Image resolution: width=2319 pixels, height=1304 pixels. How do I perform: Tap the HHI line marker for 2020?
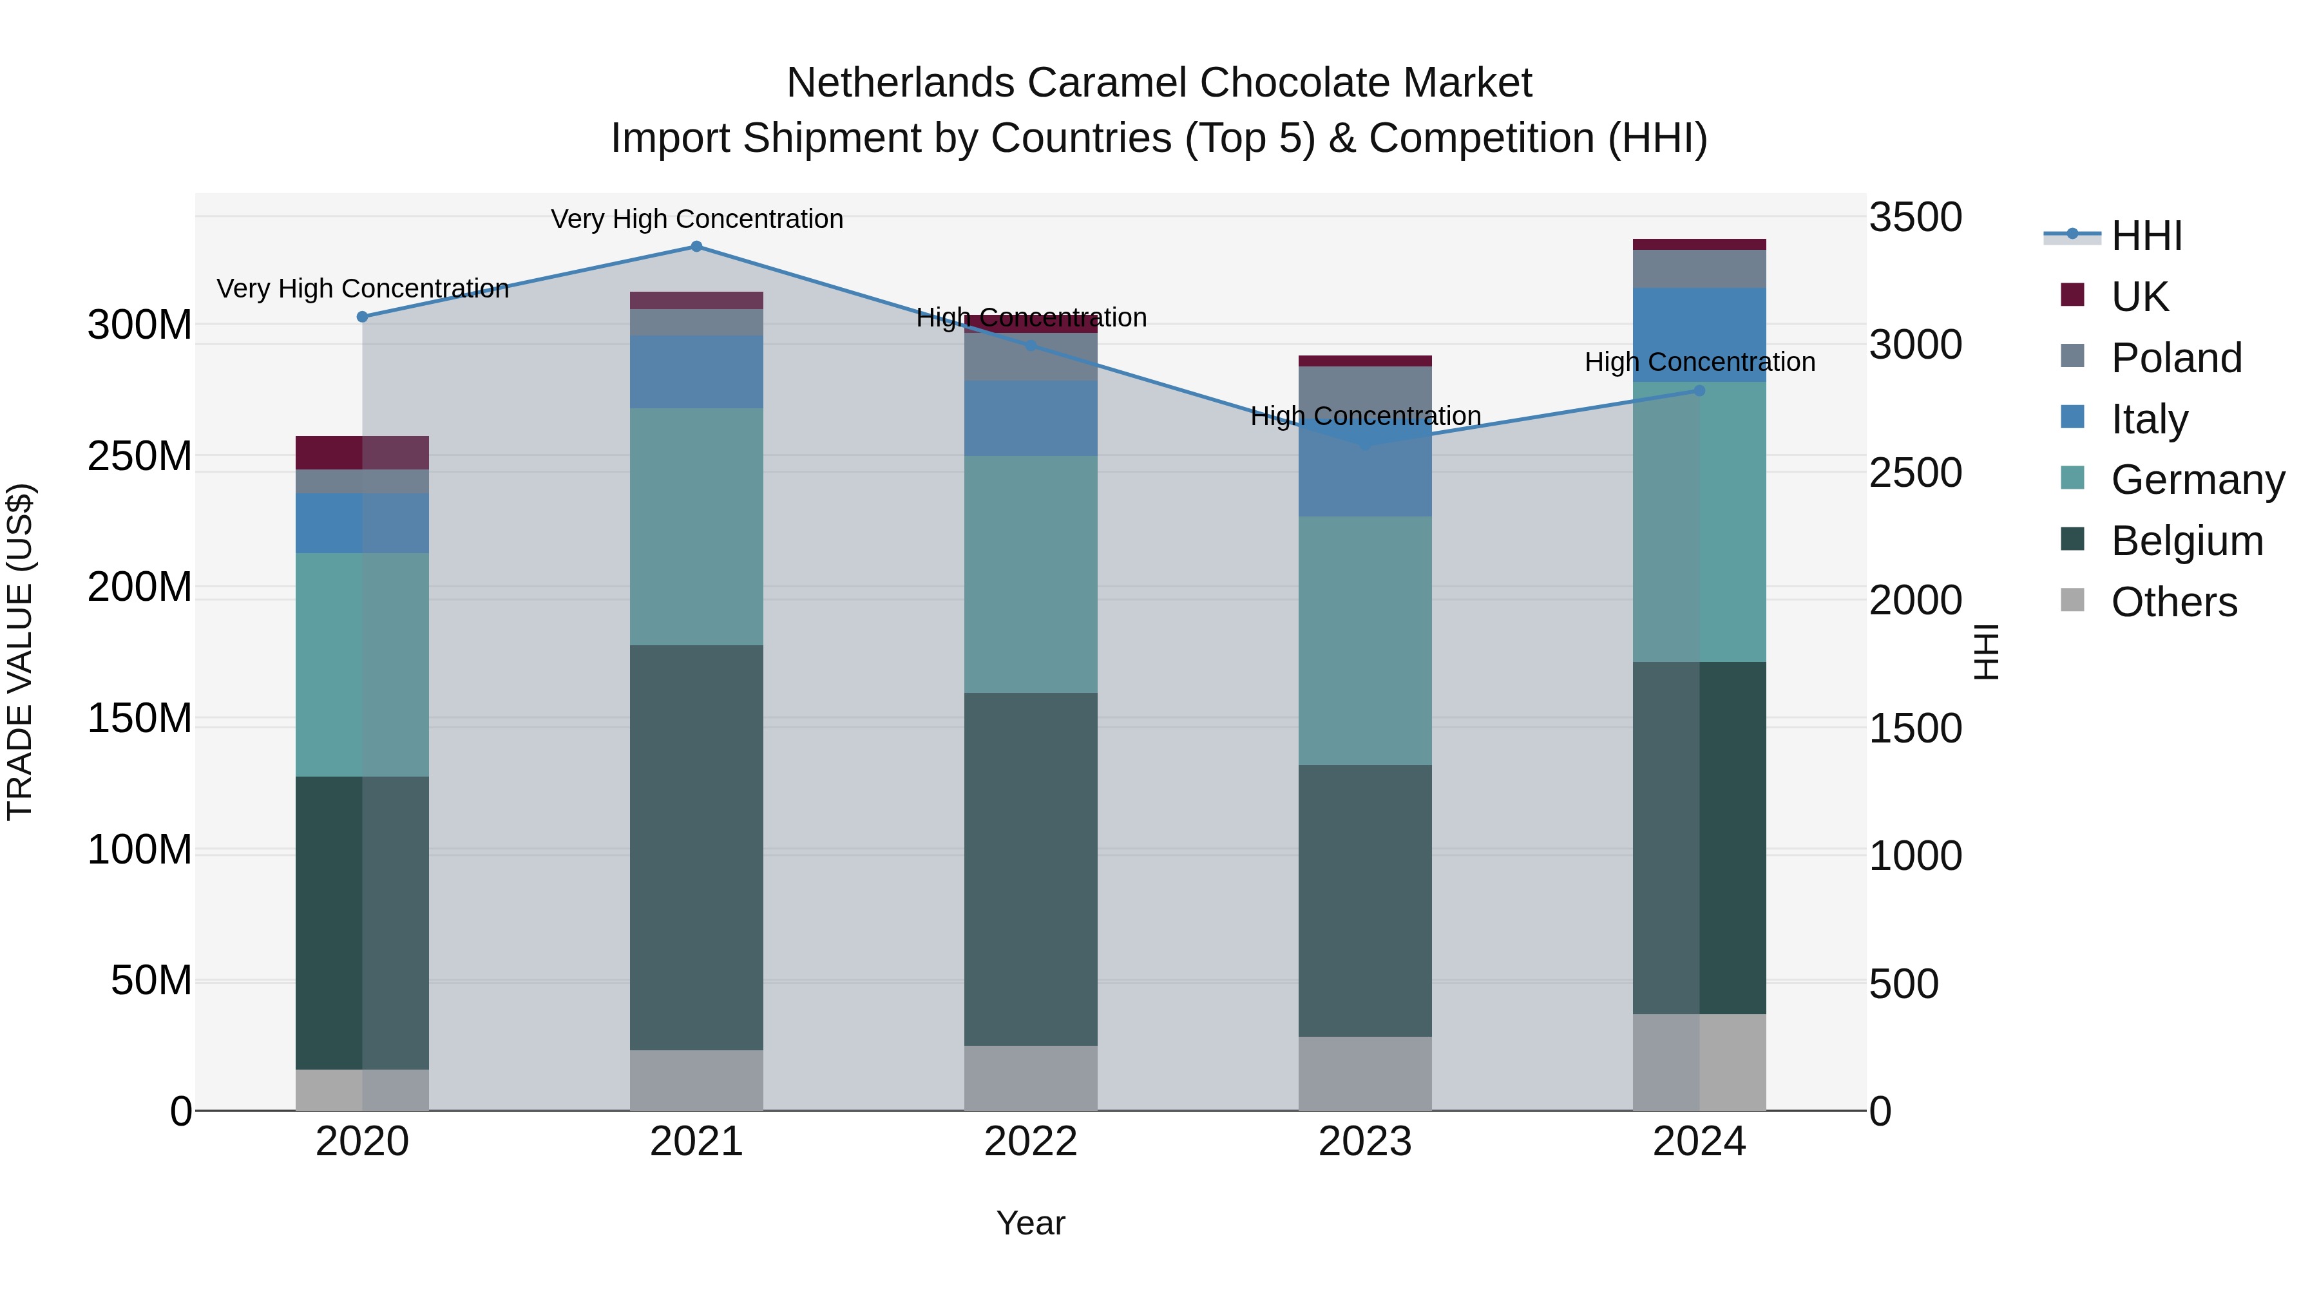click(x=362, y=317)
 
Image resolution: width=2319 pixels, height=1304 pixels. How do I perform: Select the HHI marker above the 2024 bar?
click(x=1700, y=391)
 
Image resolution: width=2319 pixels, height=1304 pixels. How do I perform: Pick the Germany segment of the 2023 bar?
click(x=1365, y=640)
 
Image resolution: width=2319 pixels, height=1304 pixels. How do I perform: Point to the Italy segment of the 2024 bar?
click(x=1700, y=335)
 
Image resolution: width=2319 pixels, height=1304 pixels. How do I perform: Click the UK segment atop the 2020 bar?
click(x=362, y=453)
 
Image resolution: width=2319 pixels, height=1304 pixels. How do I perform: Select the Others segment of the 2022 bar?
click(x=1031, y=1077)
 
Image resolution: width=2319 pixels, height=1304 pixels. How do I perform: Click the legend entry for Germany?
click(x=2197, y=480)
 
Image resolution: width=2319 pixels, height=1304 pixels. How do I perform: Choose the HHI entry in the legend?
click(x=2146, y=236)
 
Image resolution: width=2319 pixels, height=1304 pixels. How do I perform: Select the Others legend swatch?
click(x=2072, y=600)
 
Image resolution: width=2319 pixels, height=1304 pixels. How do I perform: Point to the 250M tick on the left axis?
click(x=140, y=457)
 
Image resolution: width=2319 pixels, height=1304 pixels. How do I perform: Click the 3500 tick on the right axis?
click(x=1916, y=217)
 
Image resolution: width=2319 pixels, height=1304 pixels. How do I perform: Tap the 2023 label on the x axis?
click(x=1365, y=1142)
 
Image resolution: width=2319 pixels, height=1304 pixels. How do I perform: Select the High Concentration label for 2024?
click(x=1700, y=362)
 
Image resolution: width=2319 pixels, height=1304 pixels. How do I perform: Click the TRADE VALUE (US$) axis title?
click(x=20, y=652)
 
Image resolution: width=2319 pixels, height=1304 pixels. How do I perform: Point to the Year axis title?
click(x=1031, y=1223)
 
